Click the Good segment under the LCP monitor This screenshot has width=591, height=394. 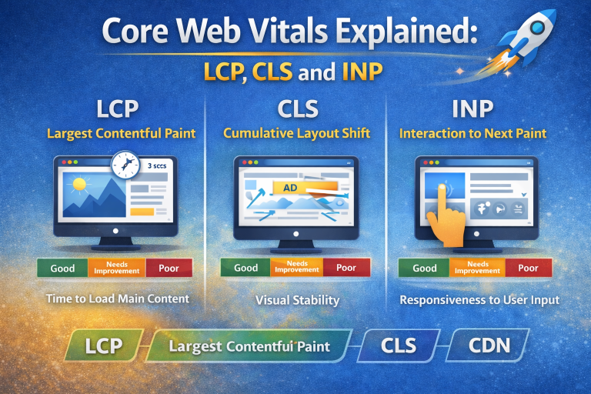62,269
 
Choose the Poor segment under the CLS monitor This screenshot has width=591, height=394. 346,268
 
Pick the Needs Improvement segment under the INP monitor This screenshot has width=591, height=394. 477,269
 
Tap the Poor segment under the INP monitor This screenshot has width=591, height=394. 528,269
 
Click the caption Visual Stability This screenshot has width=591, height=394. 296,300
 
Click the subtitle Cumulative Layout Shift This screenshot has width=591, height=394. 296,133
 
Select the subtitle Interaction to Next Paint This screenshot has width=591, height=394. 472,133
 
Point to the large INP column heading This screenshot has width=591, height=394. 472,109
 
